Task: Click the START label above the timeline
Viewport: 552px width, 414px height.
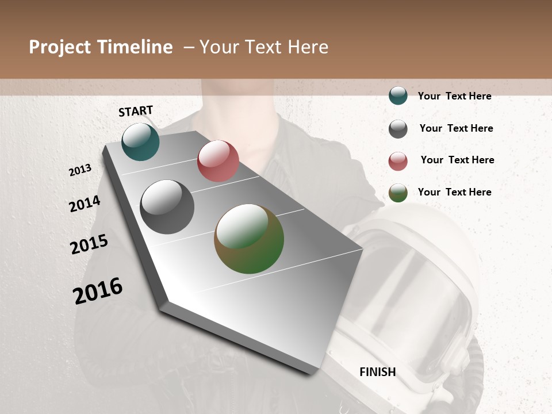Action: pos(136,111)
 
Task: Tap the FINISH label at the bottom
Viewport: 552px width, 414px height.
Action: pos(378,372)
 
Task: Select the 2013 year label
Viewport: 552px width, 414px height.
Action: pos(80,170)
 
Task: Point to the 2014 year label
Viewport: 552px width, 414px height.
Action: pos(85,204)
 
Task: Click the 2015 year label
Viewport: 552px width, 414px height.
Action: pos(89,244)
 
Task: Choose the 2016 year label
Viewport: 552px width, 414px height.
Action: pos(98,291)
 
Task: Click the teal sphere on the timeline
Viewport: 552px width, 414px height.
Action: pos(140,141)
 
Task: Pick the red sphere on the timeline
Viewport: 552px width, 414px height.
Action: pos(218,161)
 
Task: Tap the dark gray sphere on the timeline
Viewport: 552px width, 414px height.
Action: pos(167,207)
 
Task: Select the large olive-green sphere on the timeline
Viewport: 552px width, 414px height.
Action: pos(249,239)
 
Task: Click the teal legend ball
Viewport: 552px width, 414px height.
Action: pos(398,95)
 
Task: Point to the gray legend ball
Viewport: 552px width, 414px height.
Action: pos(398,129)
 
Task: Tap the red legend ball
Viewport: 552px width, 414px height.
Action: pos(398,161)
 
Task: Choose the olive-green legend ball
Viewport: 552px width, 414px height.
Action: pos(398,193)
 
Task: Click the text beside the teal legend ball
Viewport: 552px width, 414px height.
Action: pos(454,96)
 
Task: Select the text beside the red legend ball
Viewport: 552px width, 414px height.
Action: pos(457,160)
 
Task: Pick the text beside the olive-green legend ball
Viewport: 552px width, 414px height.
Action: pos(454,192)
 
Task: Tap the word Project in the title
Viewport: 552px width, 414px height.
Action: pos(60,47)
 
